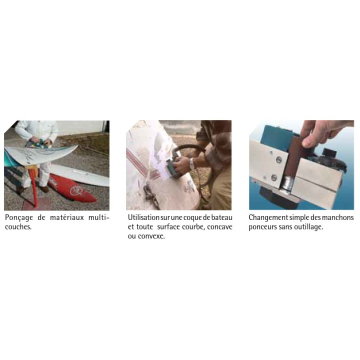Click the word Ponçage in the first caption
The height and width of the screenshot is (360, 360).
pyautogui.click(x=19, y=217)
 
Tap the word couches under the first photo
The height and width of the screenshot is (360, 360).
pyautogui.click(x=18, y=227)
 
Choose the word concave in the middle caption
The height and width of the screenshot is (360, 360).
pyautogui.click(x=219, y=227)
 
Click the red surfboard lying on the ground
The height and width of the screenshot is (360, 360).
pyautogui.click(x=72, y=188)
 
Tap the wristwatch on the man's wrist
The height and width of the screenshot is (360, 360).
pyautogui.click(x=191, y=163)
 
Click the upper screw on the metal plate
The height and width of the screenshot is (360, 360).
pyautogui.click(x=279, y=159)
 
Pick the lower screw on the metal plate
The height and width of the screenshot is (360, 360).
pyautogui.click(x=274, y=177)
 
